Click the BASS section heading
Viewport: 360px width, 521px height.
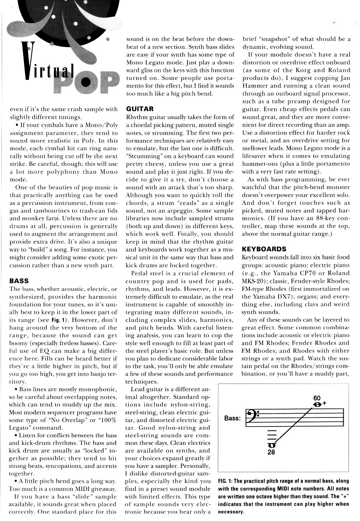point(19,280)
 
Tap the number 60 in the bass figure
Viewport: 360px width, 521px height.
point(317,398)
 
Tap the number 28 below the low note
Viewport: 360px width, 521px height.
point(271,452)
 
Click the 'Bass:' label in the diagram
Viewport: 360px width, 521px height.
point(232,418)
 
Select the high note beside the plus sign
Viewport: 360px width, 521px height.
point(316,404)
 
